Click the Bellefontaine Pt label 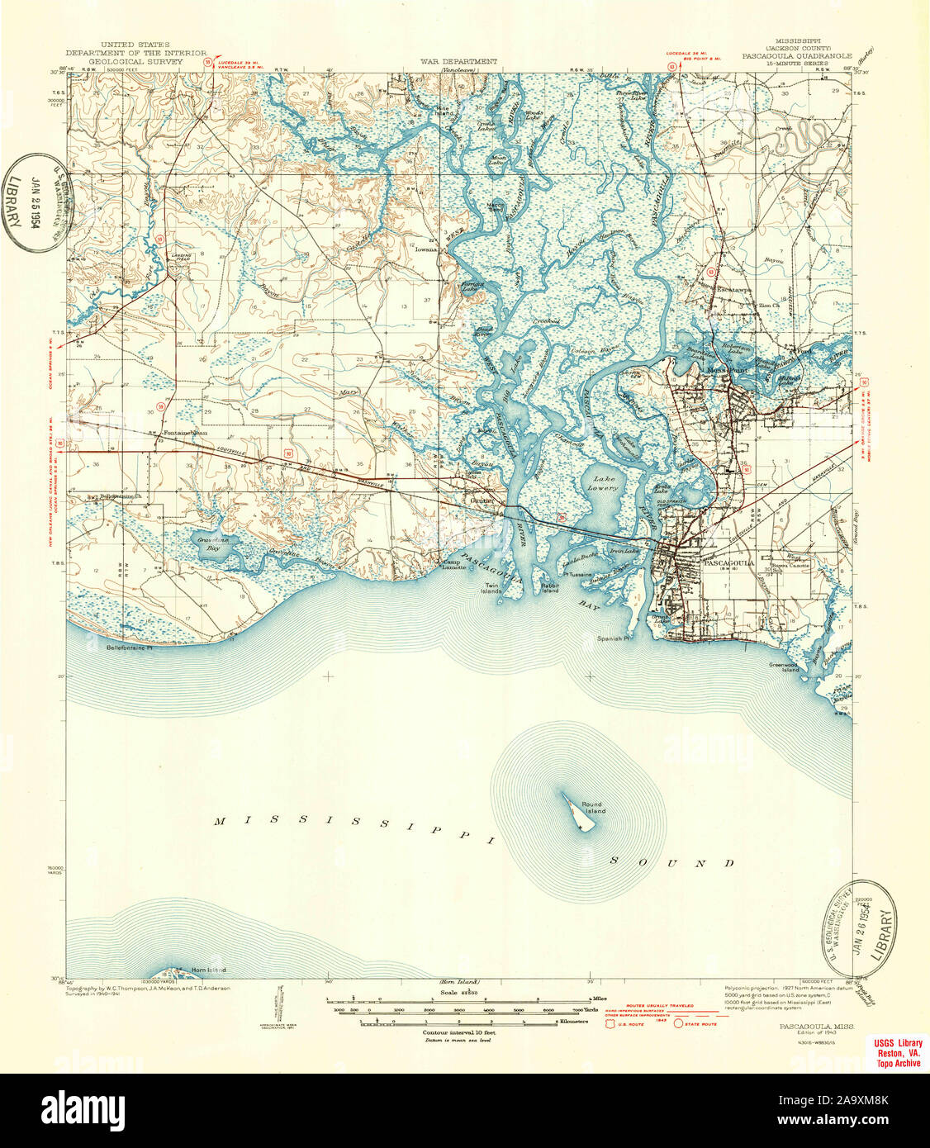[x=130, y=648]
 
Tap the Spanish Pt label [x=614, y=638]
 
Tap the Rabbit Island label [x=550, y=587]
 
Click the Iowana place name [x=426, y=247]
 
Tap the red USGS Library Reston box [x=899, y=1053]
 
